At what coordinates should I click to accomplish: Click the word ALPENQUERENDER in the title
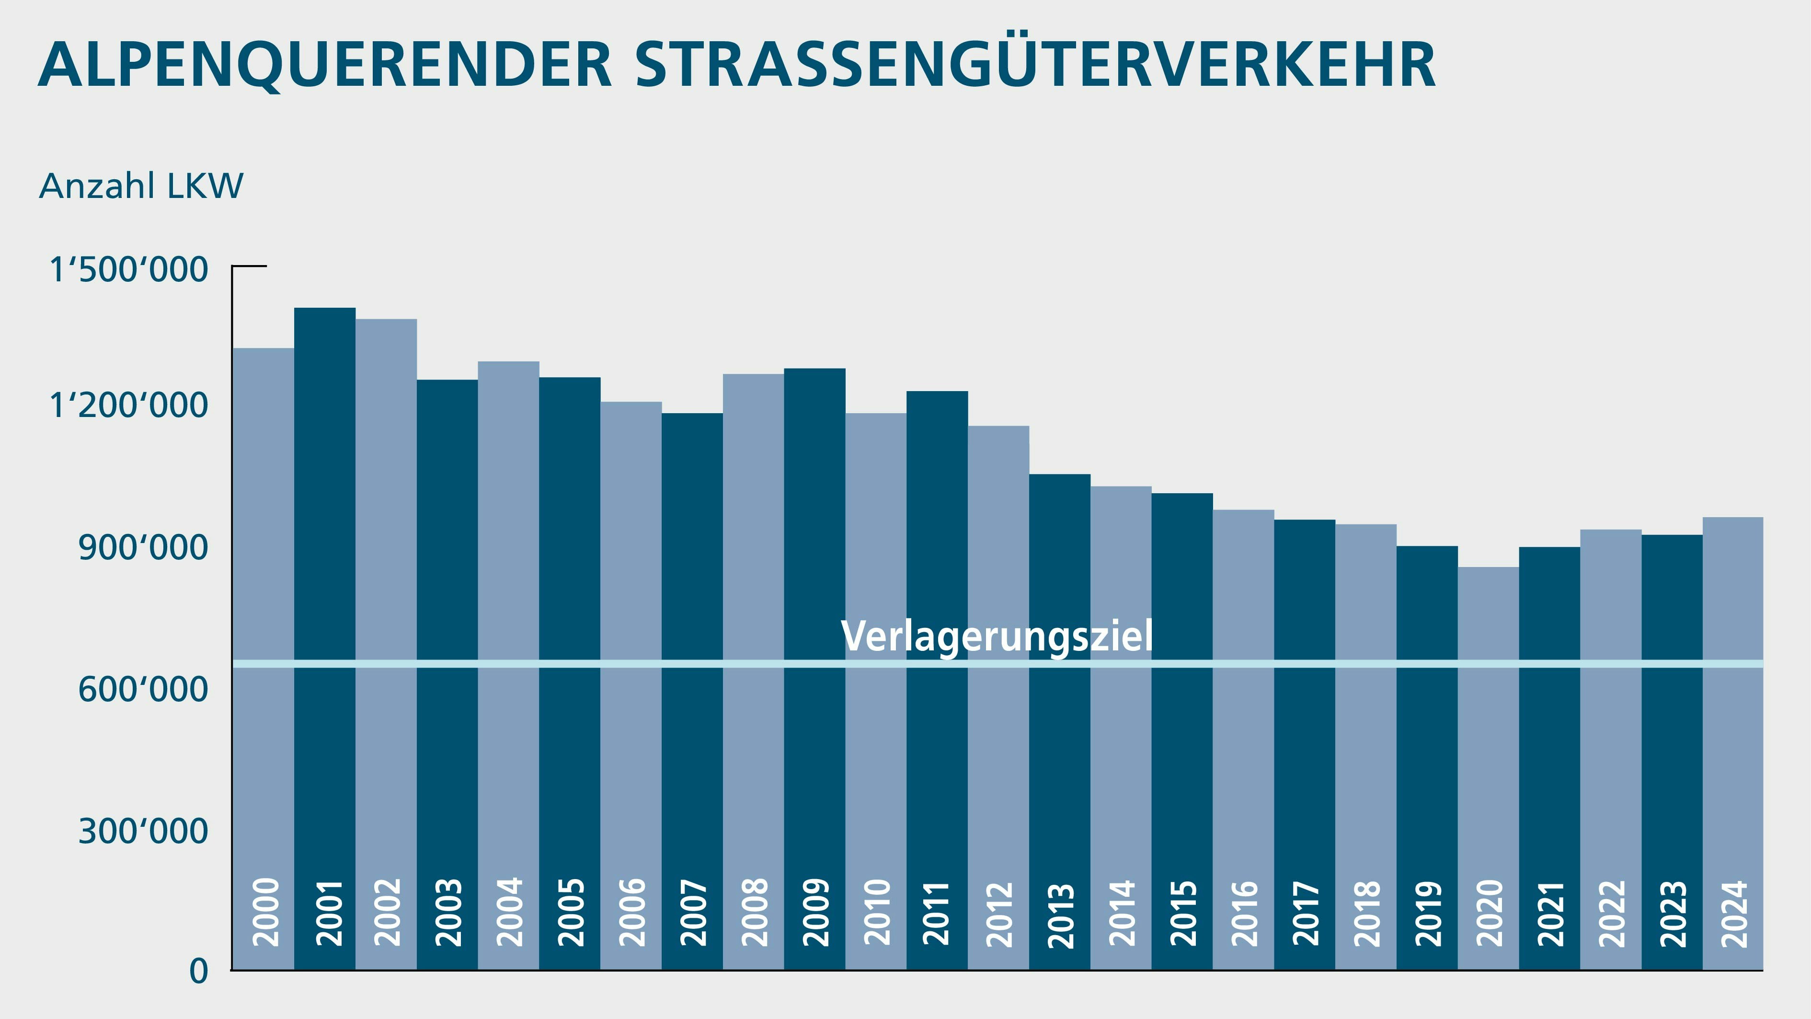[325, 65]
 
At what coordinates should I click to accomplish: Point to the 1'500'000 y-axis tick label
[129, 270]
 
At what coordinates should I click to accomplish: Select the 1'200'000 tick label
[129, 406]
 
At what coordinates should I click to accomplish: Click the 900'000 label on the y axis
[143, 548]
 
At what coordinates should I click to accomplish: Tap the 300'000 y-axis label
[143, 831]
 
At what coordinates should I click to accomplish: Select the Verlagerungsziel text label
[997, 637]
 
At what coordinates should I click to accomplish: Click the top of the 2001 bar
[325, 309]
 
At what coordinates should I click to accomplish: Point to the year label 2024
[1734, 914]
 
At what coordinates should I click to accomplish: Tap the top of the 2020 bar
[1488, 567]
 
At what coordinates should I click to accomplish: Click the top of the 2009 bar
[815, 369]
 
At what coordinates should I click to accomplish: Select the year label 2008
[755, 912]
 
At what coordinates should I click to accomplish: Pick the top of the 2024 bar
[1733, 518]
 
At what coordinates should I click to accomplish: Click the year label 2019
[1428, 914]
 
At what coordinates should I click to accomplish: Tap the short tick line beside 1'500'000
[250, 266]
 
